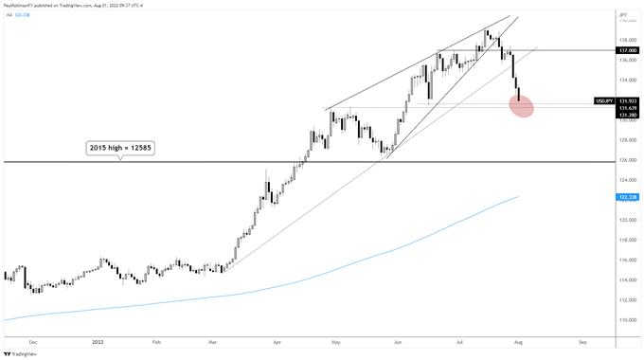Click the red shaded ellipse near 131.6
[521, 106]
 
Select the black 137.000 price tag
[626, 50]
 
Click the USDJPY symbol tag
[604, 99]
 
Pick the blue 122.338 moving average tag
[626, 197]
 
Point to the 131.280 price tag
[626, 116]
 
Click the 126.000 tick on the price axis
[625, 161]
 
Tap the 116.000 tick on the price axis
[625, 260]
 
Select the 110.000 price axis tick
[625, 319]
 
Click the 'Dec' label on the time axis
[34, 339]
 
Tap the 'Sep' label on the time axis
[582, 339]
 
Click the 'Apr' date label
[277, 339]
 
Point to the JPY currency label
[624, 14]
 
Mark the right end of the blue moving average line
[518, 197]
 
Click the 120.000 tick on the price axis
[625, 221]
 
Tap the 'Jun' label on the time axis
[398, 339]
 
